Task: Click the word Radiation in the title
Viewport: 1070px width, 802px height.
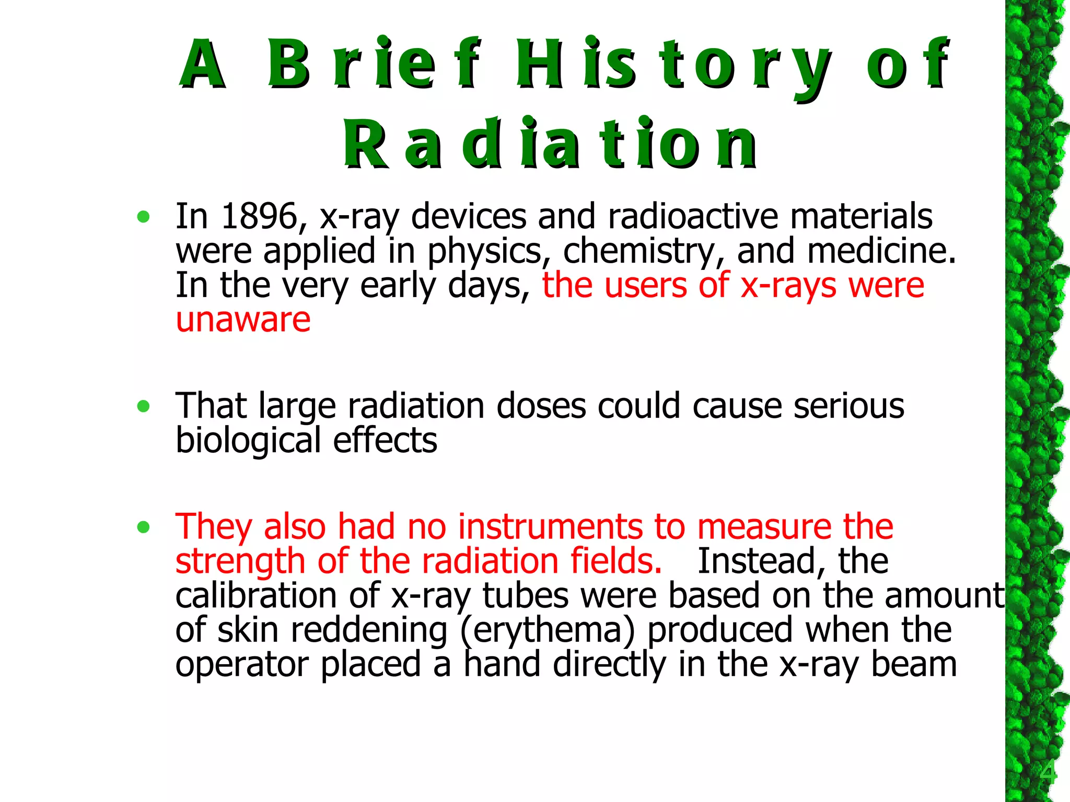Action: click(x=550, y=144)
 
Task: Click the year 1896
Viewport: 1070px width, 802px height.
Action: click(x=259, y=216)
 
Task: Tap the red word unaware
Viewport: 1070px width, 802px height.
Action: click(x=243, y=320)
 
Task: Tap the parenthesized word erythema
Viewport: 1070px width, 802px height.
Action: click(x=548, y=631)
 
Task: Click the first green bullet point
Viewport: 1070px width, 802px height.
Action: click(x=143, y=217)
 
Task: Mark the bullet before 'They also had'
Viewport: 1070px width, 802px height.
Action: click(x=143, y=527)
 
